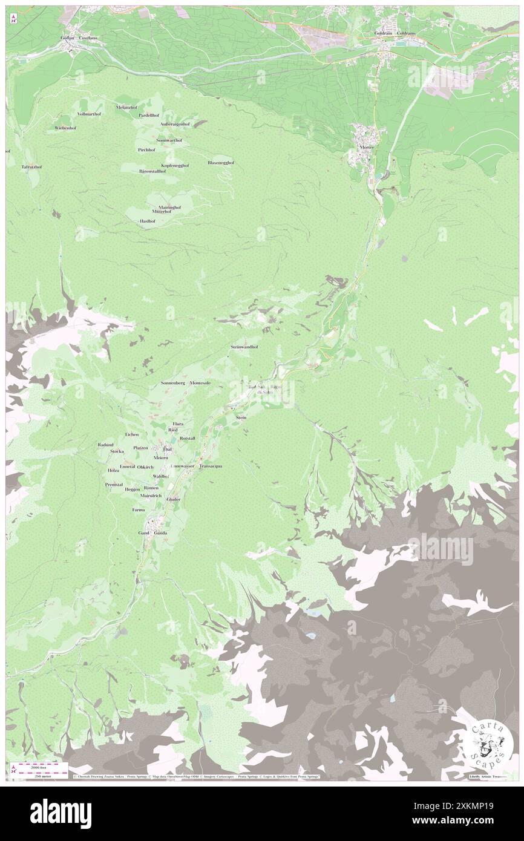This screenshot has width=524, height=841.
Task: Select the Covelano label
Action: (88, 38)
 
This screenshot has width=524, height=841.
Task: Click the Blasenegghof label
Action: (221, 163)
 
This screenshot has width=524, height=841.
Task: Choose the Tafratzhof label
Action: (31, 166)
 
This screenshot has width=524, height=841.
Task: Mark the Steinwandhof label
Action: (244, 347)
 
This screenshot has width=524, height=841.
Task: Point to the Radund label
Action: (105, 445)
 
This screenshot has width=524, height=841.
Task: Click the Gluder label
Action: (174, 499)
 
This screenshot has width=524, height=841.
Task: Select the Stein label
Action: (241, 417)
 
